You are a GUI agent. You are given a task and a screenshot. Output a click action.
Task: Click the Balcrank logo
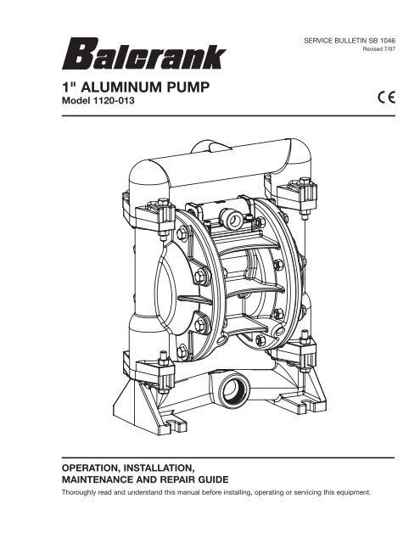pyautogui.click(x=143, y=53)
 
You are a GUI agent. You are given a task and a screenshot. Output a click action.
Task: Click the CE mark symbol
pyautogui.click(x=386, y=97)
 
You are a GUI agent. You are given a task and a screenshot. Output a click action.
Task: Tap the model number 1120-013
pyautogui.click(x=112, y=101)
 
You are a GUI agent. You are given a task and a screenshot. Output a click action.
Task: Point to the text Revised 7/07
pyautogui.click(x=378, y=49)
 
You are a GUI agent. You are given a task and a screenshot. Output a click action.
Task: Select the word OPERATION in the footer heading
pyautogui.click(x=90, y=467)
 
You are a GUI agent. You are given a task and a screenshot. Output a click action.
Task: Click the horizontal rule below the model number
pyautogui.click(x=228, y=115)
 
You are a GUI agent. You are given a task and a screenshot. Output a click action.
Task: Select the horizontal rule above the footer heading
pyautogui.click(x=228, y=457)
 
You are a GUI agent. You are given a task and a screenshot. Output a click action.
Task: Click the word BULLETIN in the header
pyautogui.click(x=349, y=40)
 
